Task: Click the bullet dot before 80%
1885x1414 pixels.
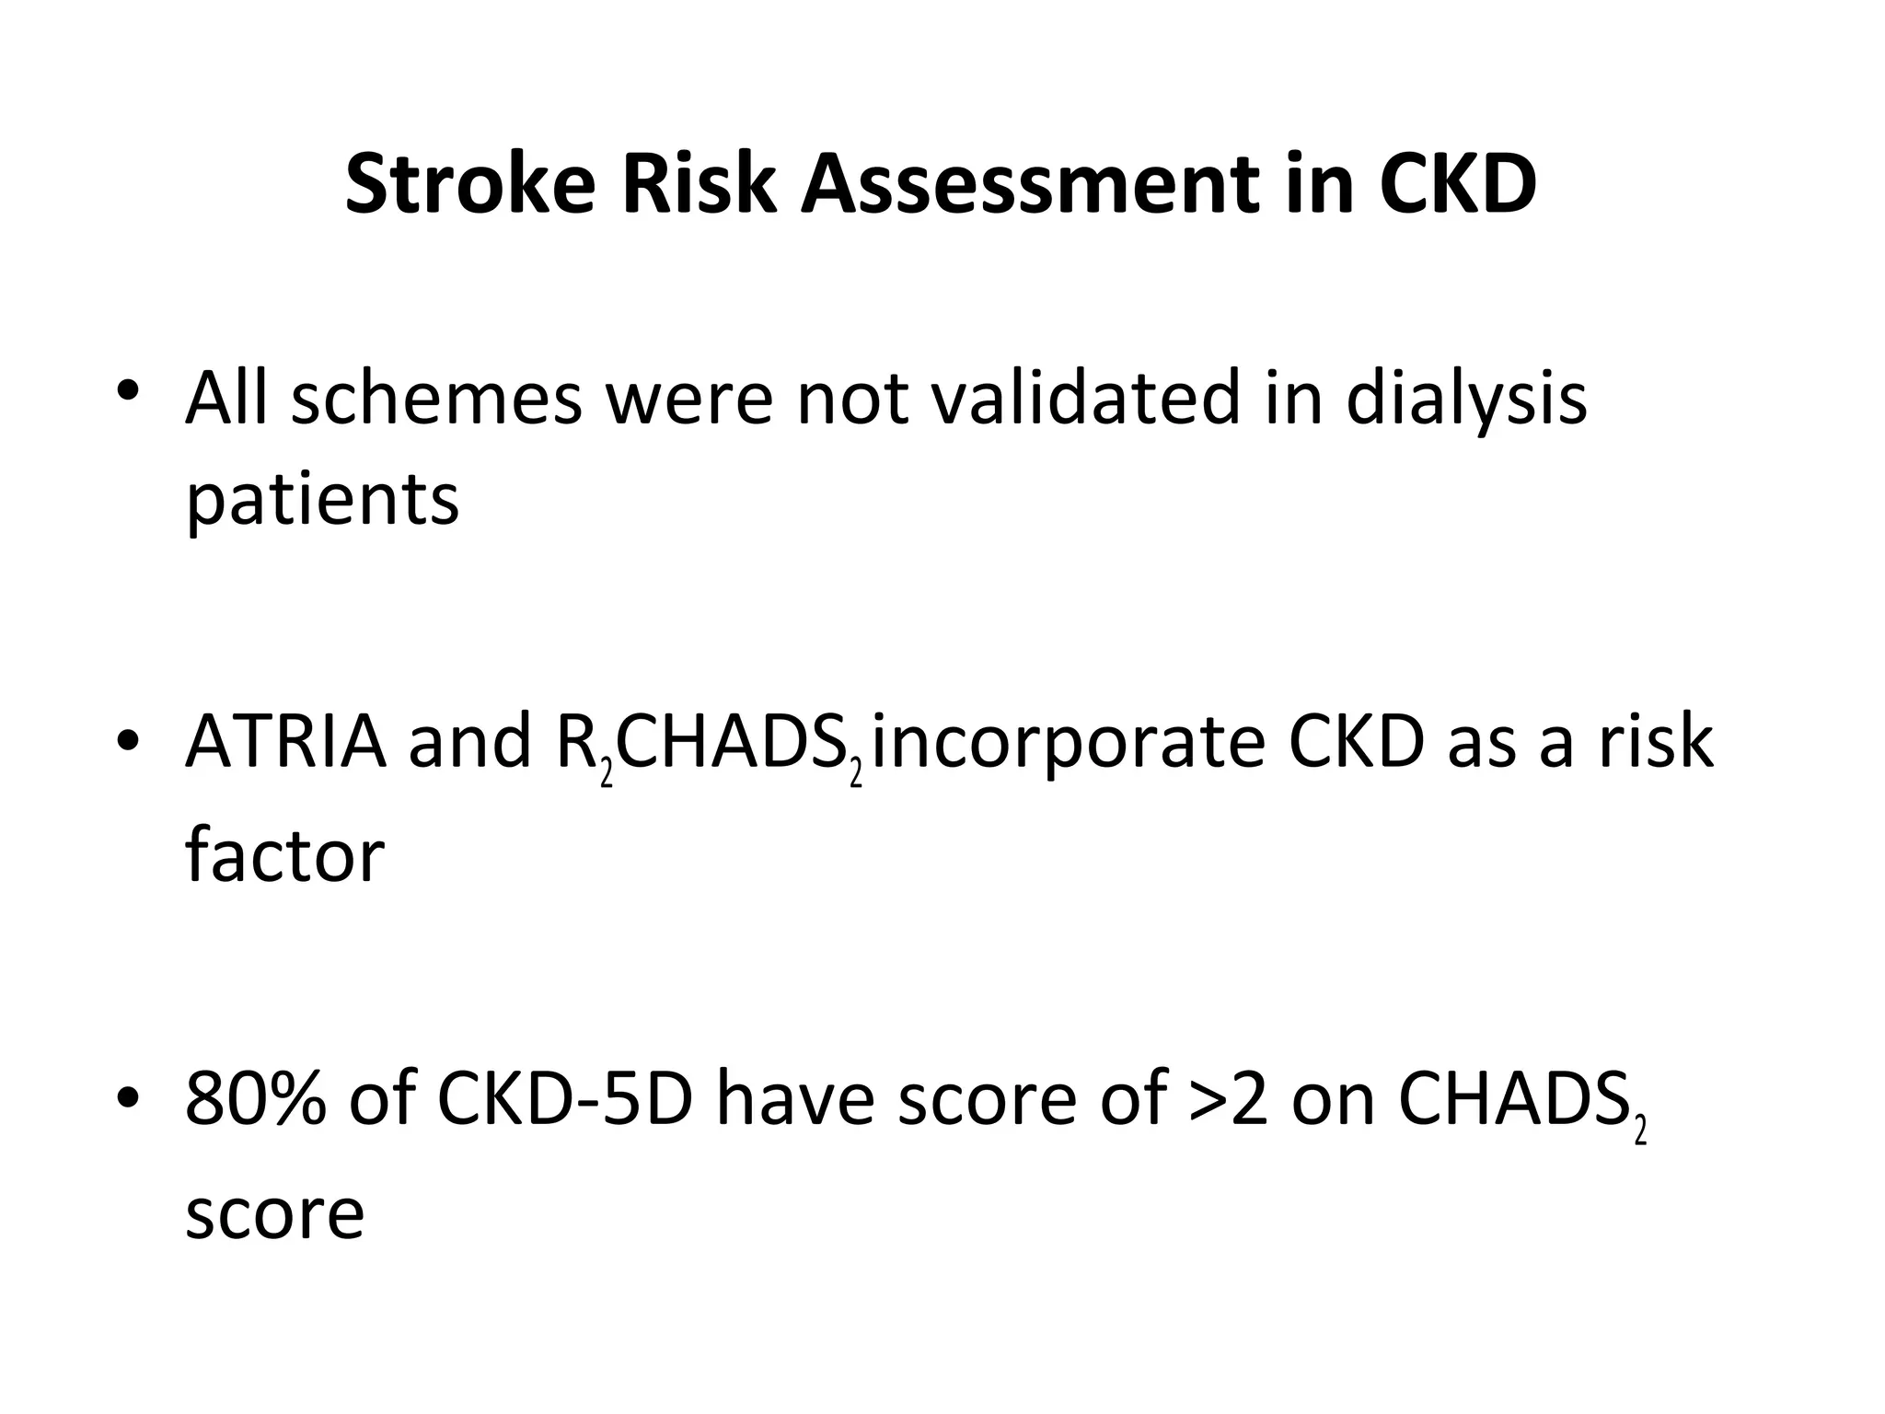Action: (x=128, y=1097)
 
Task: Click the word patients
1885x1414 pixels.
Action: (x=322, y=503)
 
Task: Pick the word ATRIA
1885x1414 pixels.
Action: (x=285, y=742)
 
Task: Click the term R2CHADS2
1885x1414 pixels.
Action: (x=710, y=746)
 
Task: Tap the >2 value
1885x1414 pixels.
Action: (x=1228, y=1099)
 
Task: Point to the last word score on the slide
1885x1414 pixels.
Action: (x=274, y=1213)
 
